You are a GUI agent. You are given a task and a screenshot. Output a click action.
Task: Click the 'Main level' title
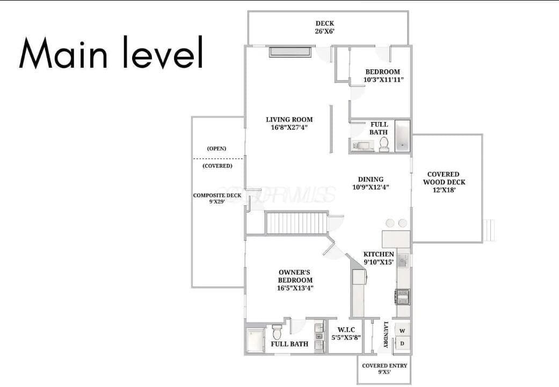pyautogui.click(x=111, y=52)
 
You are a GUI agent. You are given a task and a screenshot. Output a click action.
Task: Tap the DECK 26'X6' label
pyautogui.click(x=324, y=27)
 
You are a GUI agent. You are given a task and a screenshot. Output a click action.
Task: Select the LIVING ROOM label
pyautogui.click(x=289, y=123)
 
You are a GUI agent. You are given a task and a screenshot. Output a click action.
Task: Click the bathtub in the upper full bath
pyautogui.click(x=403, y=137)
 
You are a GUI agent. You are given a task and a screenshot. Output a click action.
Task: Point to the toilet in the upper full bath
pyautogui.click(x=383, y=144)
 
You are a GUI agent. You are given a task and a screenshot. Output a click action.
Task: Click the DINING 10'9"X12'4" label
pyautogui.click(x=371, y=183)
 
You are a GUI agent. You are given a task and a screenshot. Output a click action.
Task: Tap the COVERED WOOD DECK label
pyautogui.click(x=444, y=182)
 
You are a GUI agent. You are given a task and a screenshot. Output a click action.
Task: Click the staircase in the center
pyautogui.click(x=296, y=223)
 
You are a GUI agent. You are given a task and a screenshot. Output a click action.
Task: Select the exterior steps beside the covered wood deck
pyautogui.click(x=489, y=230)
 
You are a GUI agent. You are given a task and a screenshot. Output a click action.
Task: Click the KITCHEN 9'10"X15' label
pyautogui.click(x=379, y=258)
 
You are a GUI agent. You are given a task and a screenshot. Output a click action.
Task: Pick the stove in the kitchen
pyautogui.click(x=403, y=297)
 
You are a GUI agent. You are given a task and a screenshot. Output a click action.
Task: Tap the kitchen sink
pyautogui.click(x=403, y=261)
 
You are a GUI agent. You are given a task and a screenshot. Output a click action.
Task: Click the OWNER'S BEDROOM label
pyautogui.click(x=295, y=280)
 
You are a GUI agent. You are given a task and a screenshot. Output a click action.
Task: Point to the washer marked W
pyautogui.click(x=402, y=330)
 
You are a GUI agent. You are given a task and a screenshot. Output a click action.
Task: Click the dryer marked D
pyautogui.click(x=402, y=343)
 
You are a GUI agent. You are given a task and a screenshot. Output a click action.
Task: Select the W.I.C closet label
pyautogui.click(x=346, y=333)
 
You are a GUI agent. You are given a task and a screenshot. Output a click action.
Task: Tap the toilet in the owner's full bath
pyautogui.click(x=277, y=332)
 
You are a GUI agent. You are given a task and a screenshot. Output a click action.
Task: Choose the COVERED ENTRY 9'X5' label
pyautogui.click(x=384, y=369)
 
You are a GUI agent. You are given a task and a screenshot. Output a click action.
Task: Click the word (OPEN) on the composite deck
pyautogui.click(x=217, y=148)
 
